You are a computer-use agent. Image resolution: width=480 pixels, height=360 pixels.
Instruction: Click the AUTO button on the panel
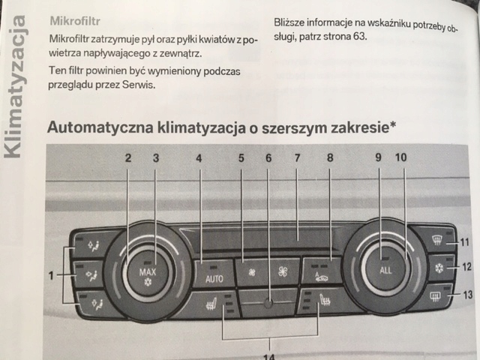pyautogui.click(x=214, y=278)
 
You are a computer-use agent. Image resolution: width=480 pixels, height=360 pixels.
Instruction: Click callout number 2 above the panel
pyautogui.click(x=128, y=158)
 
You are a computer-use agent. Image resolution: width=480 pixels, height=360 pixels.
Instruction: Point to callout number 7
pyautogui.click(x=297, y=158)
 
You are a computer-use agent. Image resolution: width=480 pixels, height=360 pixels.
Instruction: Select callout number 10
pyautogui.click(x=401, y=158)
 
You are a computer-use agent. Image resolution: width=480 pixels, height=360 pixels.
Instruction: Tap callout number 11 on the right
pyautogui.click(x=464, y=241)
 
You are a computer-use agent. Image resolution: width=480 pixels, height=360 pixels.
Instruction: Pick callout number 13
pyautogui.click(x=469, y=295)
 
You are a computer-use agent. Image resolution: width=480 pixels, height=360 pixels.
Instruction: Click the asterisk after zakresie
pyautogui.click(x=392, y=124)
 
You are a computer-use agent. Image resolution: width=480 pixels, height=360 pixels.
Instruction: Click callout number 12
pyautogui.click(x=466, y=267)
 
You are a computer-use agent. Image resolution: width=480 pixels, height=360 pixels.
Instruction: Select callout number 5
pyautogui.click(x=241, y=158)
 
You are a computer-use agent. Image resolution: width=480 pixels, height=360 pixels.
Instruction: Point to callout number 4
pyautogui.click(x=199, y=158)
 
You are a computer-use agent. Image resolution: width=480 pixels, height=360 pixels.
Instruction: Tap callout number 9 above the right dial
pyautogui.click(x=379, y=158)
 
